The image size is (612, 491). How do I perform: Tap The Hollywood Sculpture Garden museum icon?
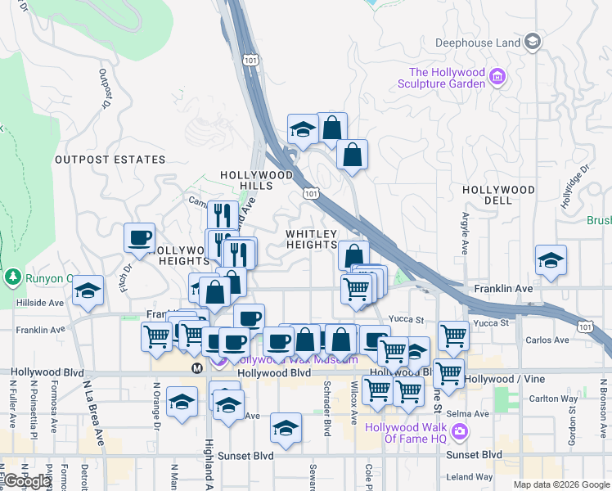click(x=497, y=79)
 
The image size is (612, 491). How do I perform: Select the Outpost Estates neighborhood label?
click(x=110, y=160)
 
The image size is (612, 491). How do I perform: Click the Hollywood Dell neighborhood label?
click(x=498, y=196)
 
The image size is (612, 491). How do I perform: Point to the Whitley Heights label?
click(x=312, y=240)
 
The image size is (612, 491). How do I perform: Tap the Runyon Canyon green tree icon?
click(x=12, y=277)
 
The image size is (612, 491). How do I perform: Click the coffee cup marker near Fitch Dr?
click(x=139, y=238)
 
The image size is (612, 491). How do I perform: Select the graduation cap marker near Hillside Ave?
click(x=88, y=291)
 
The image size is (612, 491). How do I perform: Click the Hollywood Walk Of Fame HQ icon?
click(x=460, y=430)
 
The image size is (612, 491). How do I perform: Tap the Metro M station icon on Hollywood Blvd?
click(x=197, y=369)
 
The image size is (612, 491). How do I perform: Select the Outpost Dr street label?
click(x=105, y=88)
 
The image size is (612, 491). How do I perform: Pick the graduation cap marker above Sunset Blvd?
click(x=286, y=427)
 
